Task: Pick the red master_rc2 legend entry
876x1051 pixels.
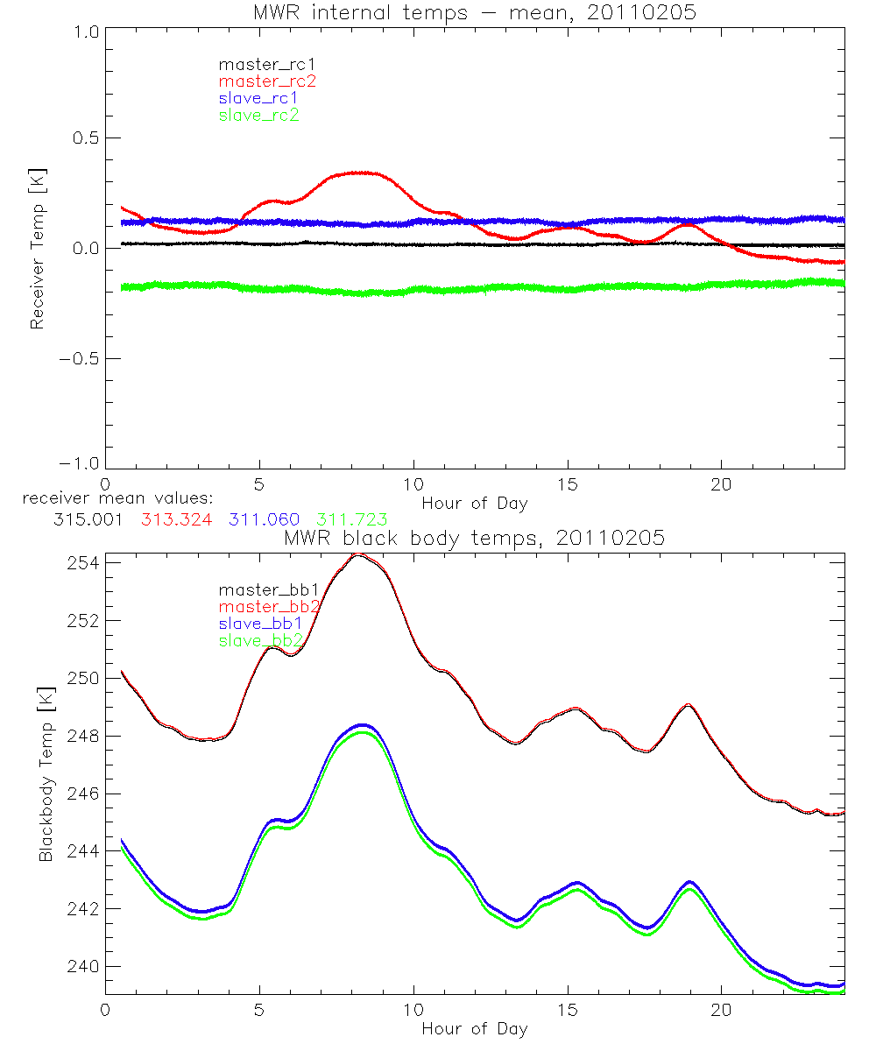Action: [267, 81]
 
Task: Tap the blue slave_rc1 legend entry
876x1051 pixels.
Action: [258, 98]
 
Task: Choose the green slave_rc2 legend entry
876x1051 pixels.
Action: [258, 115]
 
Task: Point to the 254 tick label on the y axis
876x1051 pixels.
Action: [81, 562]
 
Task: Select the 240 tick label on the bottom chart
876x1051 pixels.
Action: [81, 966]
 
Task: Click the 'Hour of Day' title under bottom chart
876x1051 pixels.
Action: [474, 1028]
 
